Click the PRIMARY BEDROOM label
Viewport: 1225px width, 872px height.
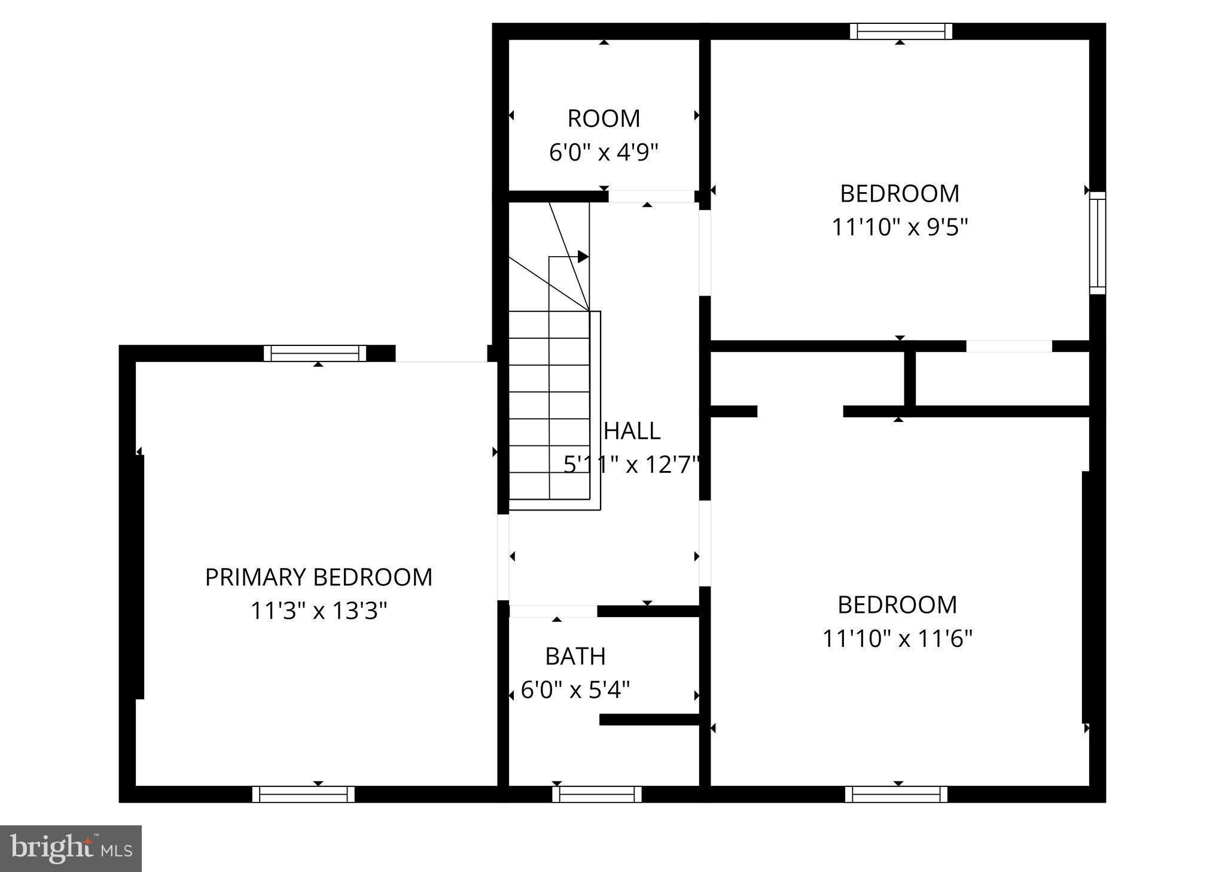coord(318,578)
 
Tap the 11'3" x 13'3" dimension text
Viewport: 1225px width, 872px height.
coord(318,611)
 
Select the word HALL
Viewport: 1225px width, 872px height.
coord(632,431)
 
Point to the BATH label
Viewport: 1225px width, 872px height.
coord(575,657)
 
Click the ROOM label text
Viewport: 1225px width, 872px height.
coord(604,119)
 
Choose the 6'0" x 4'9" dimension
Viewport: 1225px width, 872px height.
coord(604,152)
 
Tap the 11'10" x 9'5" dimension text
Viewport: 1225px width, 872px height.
coord(900,227)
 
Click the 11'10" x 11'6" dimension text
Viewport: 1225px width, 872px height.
coord(897,639)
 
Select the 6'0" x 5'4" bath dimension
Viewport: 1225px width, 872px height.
coord(575,690)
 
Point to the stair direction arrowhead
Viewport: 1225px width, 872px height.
coord(583,257)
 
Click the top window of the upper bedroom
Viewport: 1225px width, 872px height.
coord(901,31)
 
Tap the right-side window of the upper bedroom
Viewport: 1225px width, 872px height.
coord(1097,242)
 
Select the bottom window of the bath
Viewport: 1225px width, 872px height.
coord(596,794)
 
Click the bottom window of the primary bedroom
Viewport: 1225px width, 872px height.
coord(303,794)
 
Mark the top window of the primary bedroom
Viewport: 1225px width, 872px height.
coord(315,354)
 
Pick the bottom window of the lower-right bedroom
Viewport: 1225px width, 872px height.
coord(896,794)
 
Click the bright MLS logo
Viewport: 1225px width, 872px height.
coord(71,849)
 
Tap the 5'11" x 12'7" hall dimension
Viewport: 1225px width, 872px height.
coord(632,464)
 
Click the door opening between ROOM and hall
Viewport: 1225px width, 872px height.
coord(651,196)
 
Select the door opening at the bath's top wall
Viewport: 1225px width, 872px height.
coord(553,611)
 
